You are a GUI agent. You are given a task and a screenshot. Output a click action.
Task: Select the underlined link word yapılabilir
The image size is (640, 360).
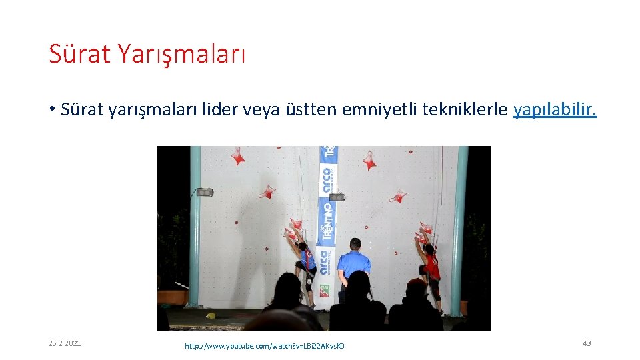[x=555, y=109]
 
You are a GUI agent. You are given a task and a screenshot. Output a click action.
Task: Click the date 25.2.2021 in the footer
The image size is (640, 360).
[x=65, y=343]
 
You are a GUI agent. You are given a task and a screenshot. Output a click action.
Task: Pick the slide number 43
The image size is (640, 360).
[x=587, y=343]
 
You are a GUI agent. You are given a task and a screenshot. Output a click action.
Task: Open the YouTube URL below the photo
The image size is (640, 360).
[x=265, y=345]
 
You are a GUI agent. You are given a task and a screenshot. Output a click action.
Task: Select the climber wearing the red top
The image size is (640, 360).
[x=431, y=265]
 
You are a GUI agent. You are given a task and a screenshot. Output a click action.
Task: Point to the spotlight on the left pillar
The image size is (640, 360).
[x=205, y=192]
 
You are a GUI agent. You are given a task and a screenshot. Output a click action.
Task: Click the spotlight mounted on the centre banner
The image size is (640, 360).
[x=337, y=197]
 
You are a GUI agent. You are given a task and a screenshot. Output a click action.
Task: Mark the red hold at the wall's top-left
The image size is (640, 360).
[x=237, y=156]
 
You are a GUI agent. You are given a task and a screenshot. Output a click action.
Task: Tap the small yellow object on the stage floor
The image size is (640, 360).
[x=211, y=315]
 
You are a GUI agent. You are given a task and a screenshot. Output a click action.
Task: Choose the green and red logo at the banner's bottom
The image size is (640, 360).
[x=324, y=291]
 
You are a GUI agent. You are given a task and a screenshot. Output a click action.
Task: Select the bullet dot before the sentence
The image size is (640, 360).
[x=51, y=110]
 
